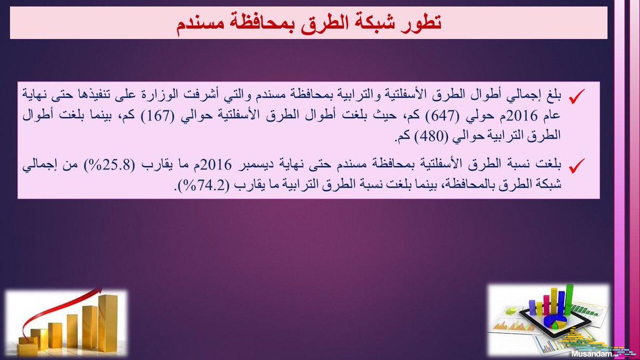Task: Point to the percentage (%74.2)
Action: click(x=204, y=186)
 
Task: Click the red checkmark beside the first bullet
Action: click(x=577, y=97)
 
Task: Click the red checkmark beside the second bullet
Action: click(x=577, y=166)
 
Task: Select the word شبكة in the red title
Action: click(x=371, y=22)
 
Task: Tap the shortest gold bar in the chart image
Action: click(x=28, y=347)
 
